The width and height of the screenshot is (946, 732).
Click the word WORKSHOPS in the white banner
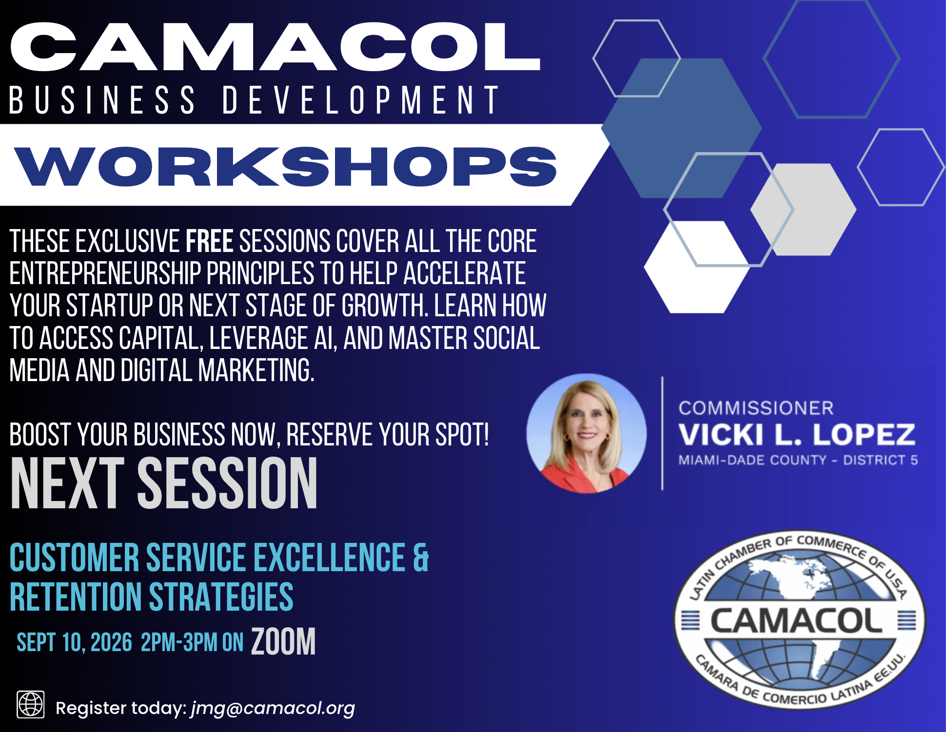pyautogui.click(x=286, y=166)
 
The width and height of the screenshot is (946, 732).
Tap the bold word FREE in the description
pyautogui.click(x=209, y=241)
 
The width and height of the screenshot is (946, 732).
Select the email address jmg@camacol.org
pyautogui.click(x=273, y=708)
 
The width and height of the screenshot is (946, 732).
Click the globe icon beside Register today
pyautogui.click(x=31, y=704)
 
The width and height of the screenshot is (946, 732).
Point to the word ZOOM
pyautogui.click(x=283, y=641)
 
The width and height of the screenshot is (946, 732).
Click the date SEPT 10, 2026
pyautogui.click(x=75, y=642)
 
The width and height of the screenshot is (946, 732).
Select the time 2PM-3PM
pyautogui.click(x=178, y=642)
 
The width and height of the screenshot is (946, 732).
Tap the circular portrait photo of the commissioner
pyautogui.click(x=587, y=433)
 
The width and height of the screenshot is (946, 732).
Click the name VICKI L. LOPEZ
pyautogui.click(x=797, y=434)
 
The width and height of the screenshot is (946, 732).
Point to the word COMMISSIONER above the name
pyautogui.click(x=756, y=408)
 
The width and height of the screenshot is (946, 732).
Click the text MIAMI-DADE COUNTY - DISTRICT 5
pyautogui.click(x=798, y=460)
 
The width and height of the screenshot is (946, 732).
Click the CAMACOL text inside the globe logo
pyautogui.click(x=796, y=621)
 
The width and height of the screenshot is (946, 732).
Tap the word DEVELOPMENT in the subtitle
pyautogui.click(x=361, y=100)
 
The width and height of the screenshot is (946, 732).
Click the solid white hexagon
pyautogui.click(x=696, y=267)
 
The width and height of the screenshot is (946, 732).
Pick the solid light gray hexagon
pyautogui.click(x=803, y=210)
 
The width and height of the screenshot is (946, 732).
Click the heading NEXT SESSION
pyautogui.click(x=164, y=483)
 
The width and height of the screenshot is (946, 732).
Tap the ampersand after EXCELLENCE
pyautogui.click(x=420, y=558)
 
